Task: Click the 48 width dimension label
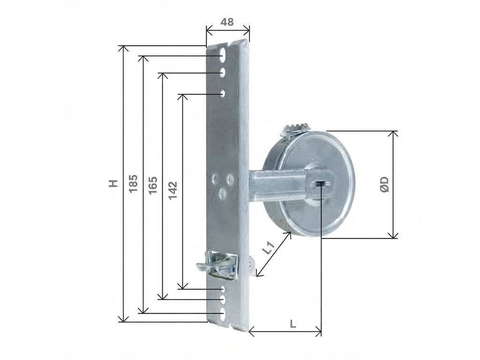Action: pos(227,22)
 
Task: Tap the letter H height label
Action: pos(113,183)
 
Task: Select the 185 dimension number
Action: pos(133,183)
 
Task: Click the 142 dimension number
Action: pos(172,190)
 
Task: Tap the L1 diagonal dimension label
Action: pos(268,248)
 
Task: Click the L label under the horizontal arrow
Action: pos(293,324)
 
